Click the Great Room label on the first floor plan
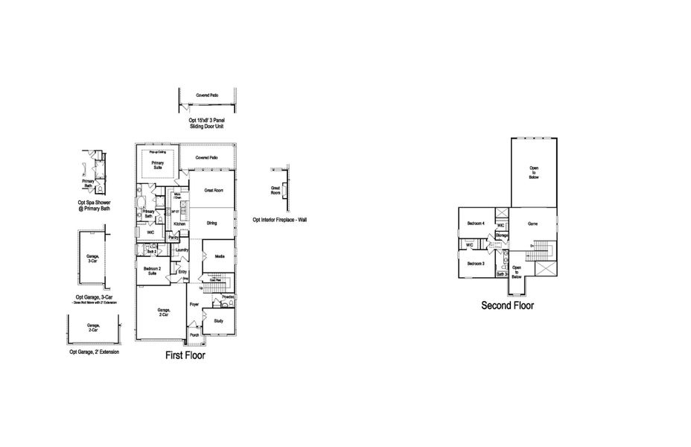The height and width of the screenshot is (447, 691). coord(214,191)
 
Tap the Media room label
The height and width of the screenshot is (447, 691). coord(220,256)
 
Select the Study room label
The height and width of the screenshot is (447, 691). coord(218,321)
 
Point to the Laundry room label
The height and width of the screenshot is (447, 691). coord(182,250)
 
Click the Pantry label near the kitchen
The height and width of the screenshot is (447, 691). coord(173,238)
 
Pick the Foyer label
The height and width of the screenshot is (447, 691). coord(194,305)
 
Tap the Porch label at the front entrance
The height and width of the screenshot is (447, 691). coord(194,335)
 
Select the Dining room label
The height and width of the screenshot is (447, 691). coord(212,223)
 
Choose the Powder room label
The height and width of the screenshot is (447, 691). coord(228,297)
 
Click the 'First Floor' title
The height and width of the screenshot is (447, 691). coord(185,356)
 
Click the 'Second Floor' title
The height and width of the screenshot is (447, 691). coord(507,305)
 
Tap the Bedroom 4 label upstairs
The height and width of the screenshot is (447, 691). coord(476,223)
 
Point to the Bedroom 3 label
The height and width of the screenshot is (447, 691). coord(476,264)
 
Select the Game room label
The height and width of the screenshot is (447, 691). coord(532,223)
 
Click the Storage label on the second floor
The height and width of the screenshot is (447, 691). coord(502,236)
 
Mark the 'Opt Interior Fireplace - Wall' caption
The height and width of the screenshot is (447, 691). coord(280,220)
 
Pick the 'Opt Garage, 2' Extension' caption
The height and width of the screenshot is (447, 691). coord(94,352)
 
